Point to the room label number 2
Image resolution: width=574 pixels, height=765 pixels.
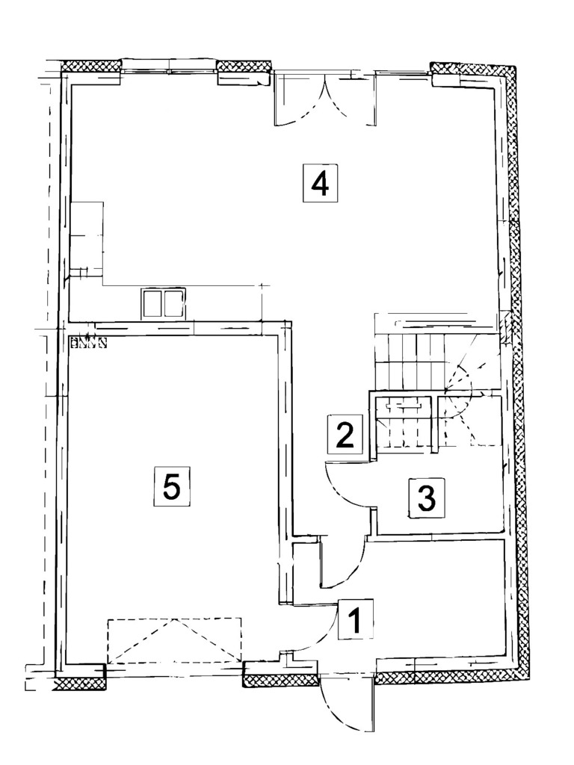click(x=345, y=433)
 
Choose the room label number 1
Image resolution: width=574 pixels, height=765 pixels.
click(x=356, y=619)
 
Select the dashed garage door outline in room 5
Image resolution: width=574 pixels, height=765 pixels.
click(x=174, y=640)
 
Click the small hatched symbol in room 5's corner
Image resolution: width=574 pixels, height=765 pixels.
click(x=88, y=342)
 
